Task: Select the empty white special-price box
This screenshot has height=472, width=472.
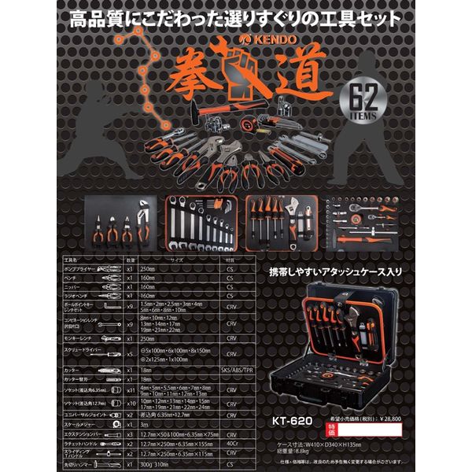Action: tap(378, 432)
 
